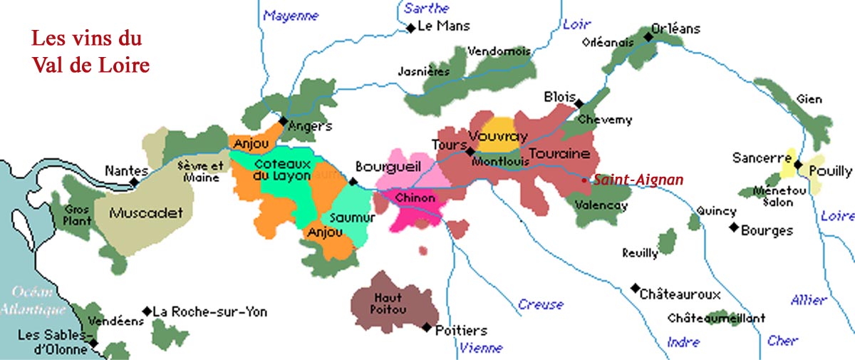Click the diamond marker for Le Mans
(411, 28)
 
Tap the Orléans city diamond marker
(648, 36)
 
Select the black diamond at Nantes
(134, 182)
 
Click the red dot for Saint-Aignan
(584, 181)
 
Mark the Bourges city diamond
(733, 227)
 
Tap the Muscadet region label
(146, 212)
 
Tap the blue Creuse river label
(540, 304)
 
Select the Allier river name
(808, 300)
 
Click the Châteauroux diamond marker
(635, 289)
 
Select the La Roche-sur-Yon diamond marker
(147, 311)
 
